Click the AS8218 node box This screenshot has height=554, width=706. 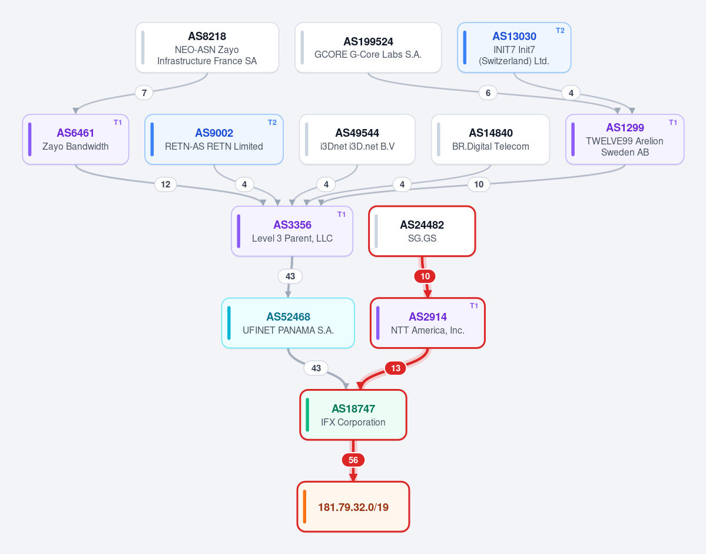[x=207, y=47]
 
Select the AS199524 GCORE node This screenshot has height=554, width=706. [x=368, y=47]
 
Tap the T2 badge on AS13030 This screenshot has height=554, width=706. [x=560, y=31]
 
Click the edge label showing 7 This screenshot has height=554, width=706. [x=144, y=93]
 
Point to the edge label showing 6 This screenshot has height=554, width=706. [x=488, y=93]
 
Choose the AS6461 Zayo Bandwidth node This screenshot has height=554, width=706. [x=75, y=139]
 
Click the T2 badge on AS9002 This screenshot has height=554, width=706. [x=273, y=123]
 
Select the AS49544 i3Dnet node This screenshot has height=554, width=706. [x=357, y=139]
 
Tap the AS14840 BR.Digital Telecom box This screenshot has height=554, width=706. [x=490, y=139]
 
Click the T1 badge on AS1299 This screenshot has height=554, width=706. [x=673, y=123]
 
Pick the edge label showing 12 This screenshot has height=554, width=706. [x=165, y=184]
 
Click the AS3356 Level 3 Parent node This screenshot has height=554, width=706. [x=292, y=231]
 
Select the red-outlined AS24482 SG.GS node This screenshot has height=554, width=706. [x=422, y=231]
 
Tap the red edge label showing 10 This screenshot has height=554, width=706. [x=425, y=276]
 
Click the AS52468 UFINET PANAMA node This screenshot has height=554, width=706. [x=288, y=323]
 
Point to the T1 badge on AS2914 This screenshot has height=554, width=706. [x=474, y=306]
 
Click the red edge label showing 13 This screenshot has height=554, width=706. [x=396, y=368]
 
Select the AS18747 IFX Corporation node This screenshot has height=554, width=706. [x=353, y=415]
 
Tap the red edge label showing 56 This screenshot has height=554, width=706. [x=353, y=460]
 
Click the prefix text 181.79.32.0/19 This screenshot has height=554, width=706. [x=353, y=507]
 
